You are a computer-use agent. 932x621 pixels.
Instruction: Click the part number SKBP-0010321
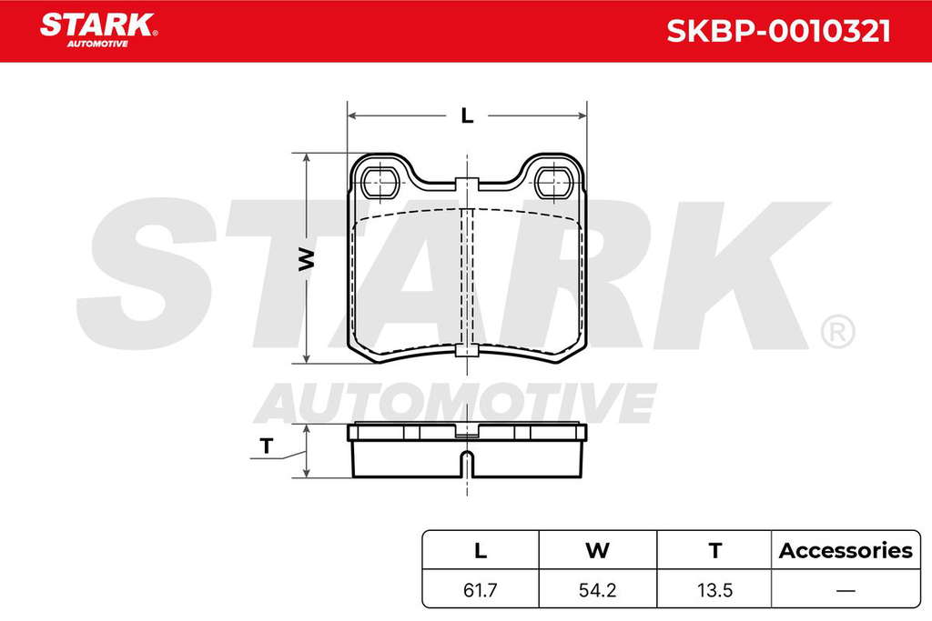[x=778, y=31]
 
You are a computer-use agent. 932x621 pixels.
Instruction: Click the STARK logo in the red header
[x=98, y=30]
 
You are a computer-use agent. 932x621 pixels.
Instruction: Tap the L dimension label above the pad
[x=467, y=115]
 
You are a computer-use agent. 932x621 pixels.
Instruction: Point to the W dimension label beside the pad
[x=306, y=259]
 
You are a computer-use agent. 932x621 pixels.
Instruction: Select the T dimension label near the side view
[x=267, y=446]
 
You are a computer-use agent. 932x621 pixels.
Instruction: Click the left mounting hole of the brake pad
[x=380, y=182]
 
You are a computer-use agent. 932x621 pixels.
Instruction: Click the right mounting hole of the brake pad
[x=554, y=182]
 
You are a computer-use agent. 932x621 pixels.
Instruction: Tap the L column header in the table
[x=481, y=551]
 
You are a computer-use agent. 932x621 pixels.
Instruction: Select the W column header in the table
[x=597, y=551]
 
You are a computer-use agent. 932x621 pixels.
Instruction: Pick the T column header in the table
[x=715, y=551]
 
